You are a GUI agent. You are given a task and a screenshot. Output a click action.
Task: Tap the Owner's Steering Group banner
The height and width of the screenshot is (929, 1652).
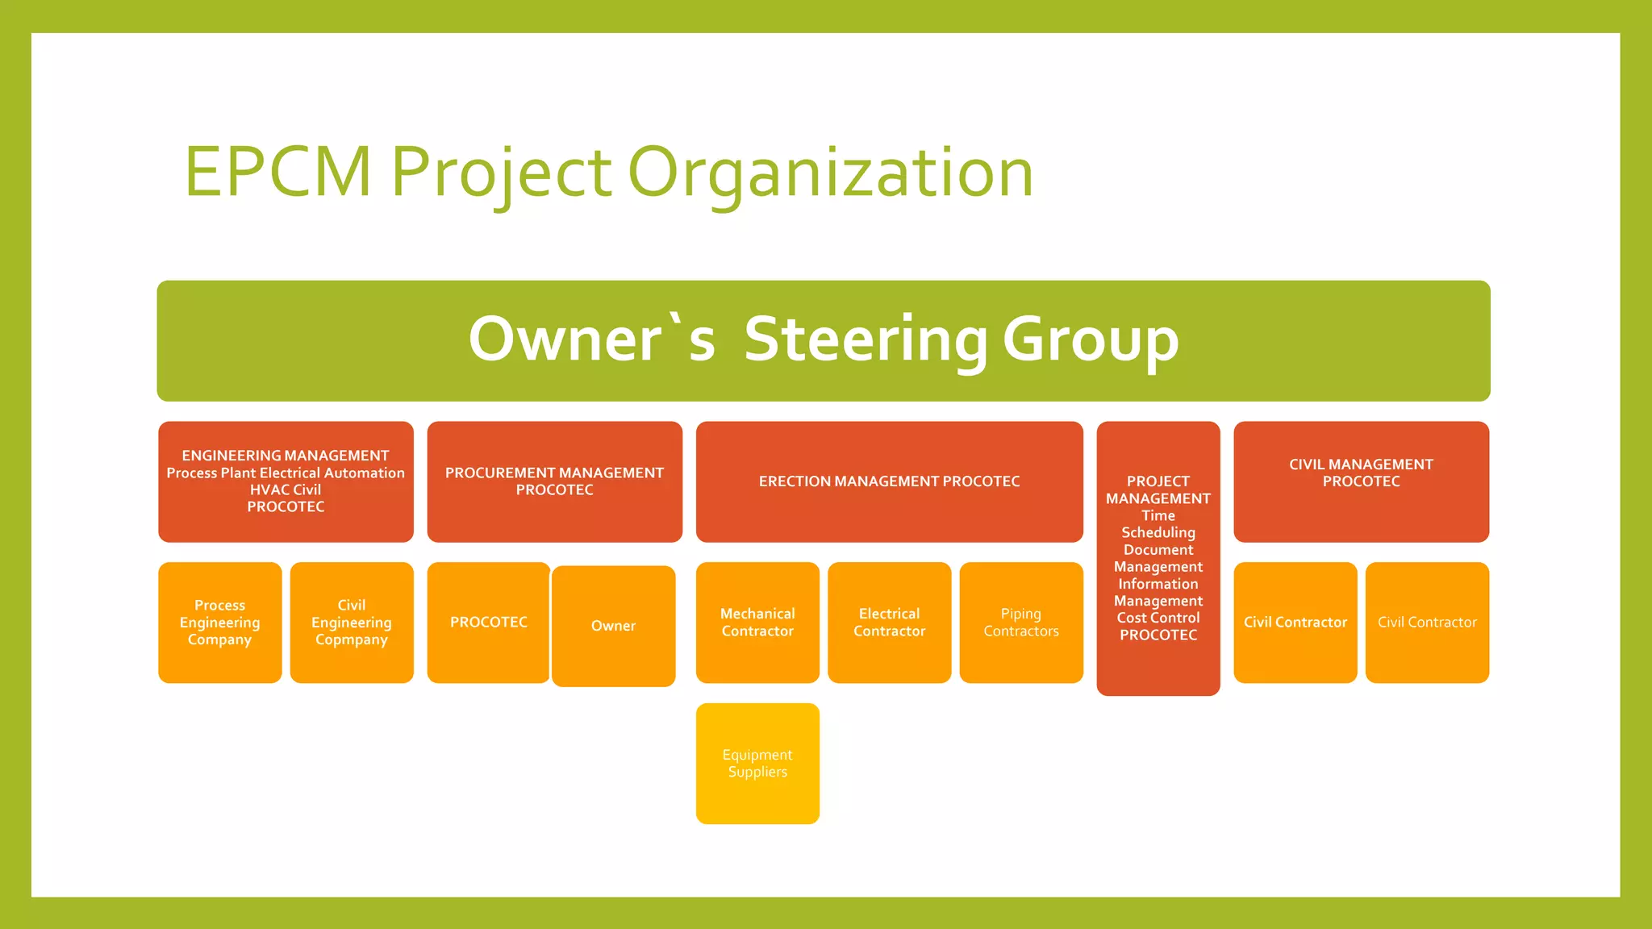click(823, 340)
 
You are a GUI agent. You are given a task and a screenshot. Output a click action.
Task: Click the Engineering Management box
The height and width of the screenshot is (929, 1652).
click(286, 481)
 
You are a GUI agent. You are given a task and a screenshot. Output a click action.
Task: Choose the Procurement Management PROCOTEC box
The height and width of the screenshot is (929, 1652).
click(554, 481)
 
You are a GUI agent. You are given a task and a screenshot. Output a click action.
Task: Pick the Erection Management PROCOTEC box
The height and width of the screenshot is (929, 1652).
click(889, 481)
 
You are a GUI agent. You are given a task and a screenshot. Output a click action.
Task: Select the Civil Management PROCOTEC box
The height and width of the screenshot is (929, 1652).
click(1361, 481)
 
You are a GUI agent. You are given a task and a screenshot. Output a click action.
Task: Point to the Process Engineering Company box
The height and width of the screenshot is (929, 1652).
click(219, 623)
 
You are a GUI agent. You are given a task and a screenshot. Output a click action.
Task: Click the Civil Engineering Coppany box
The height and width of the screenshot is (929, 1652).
click(352, 623)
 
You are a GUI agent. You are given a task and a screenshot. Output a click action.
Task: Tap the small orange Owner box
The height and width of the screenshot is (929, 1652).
click(613, 626)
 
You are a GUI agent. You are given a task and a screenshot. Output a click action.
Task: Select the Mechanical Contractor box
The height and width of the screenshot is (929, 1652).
click(757, 623)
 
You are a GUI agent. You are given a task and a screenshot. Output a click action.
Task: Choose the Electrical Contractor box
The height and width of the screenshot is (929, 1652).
click(889, 623)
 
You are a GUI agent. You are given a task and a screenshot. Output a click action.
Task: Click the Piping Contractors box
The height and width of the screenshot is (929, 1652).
click(1021, 623)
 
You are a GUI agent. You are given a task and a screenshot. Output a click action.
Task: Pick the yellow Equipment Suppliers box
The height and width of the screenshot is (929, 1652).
click(757, 763)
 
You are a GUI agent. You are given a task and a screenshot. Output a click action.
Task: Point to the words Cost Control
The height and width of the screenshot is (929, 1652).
click(1158, 618)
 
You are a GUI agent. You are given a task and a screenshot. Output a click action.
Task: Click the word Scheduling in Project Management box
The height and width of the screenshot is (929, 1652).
click(1158, 532)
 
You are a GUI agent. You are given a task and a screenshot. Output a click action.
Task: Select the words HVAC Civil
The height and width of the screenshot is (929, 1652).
click(286, 489)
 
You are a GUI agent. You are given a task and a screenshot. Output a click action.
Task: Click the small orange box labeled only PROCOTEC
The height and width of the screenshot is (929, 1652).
click(488, 623)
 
